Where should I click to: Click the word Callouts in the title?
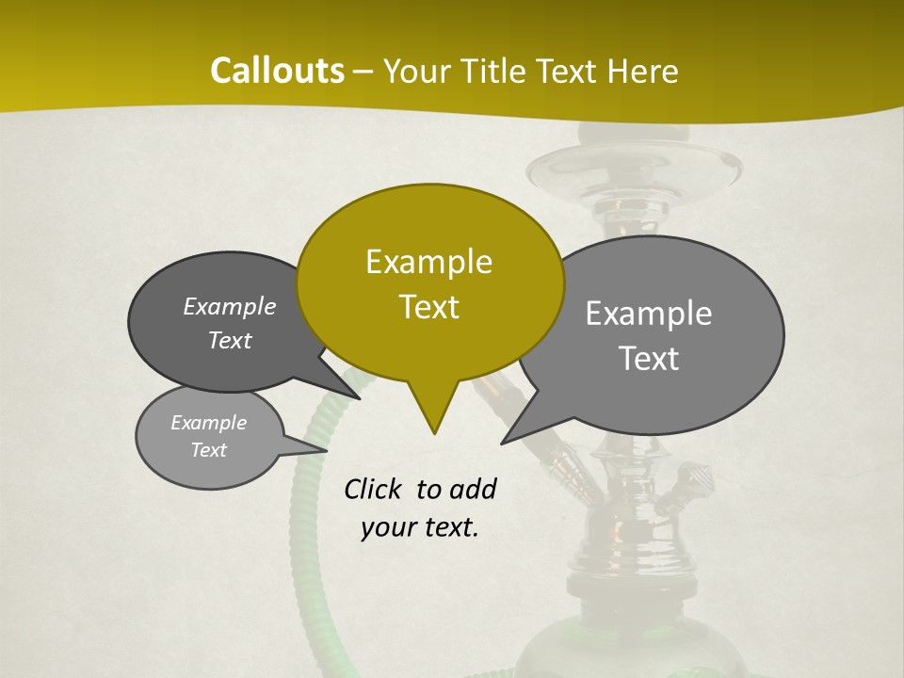tap(277, 71)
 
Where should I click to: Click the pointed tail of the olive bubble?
tap(433, 419)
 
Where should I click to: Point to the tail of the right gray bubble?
tap(513, 434)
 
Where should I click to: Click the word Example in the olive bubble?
tap(428, 262)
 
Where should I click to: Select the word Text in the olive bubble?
tap(428, 307)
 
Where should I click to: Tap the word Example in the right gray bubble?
tap(648, 314)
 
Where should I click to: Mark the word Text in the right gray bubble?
tap(649, 359)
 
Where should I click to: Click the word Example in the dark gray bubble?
tap(229, 307)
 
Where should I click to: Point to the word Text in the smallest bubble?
tap(208, 450)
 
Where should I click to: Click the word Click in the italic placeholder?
tap(373, 489)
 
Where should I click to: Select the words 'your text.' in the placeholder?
tap(419, 527)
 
